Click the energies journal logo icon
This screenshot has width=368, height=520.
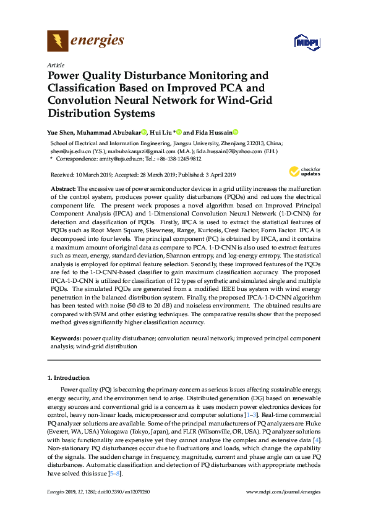[x=58, y=41]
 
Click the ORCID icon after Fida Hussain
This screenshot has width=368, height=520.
[x=235, y=132]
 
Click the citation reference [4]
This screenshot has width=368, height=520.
[x=316, y=439]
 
